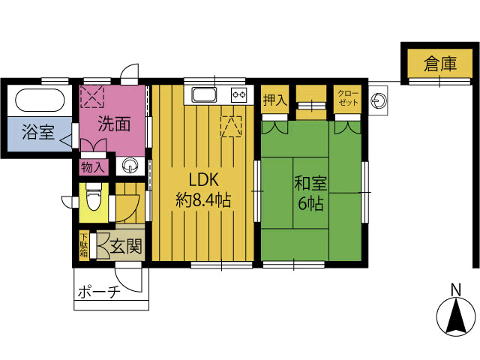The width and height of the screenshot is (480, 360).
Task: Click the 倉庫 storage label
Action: (x=440, y=64)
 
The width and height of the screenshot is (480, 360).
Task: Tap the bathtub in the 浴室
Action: (x=40, y=100)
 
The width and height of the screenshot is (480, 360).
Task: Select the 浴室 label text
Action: (x=38, y=132)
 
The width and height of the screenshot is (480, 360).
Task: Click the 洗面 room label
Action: (x=114, y=124)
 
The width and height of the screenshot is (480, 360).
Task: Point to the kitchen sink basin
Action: (x=204, y=95)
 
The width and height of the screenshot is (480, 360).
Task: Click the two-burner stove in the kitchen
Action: (x=239, y=94)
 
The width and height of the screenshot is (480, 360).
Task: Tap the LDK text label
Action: (x=203, y=180)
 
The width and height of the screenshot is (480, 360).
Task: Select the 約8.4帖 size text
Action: (x=203, y=200)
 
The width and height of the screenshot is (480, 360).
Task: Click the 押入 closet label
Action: (x=275, y=100)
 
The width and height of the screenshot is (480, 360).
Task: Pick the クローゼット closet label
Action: (x=348, y=98)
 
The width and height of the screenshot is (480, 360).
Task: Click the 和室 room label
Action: (x=310, y=183)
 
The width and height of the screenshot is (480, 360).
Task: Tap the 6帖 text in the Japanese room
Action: (x=310, y=203)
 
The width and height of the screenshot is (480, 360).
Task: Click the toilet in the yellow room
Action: (x=94, y=196)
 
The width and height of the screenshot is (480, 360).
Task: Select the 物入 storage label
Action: (x=93, y=167)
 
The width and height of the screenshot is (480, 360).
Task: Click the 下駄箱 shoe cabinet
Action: (x=84, y=246)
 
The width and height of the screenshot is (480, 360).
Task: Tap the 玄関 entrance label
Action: (x=126, y=247)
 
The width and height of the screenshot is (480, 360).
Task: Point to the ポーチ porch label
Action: (x=99, y=292)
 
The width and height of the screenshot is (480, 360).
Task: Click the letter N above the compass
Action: (x=456, y=289)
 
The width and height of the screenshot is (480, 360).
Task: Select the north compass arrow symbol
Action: (x=456, y=317)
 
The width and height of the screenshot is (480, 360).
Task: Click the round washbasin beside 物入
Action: (x=130, y=166)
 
